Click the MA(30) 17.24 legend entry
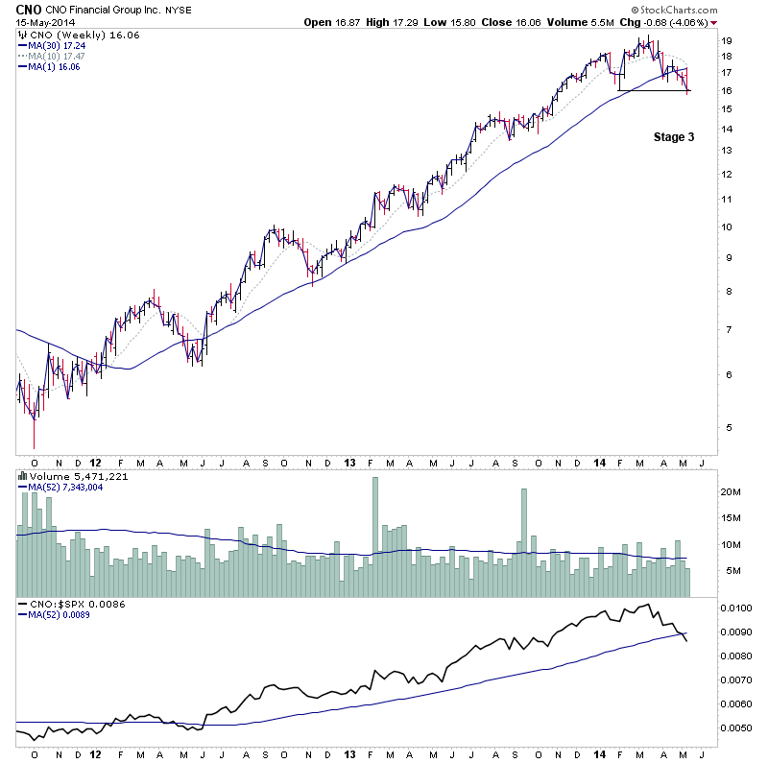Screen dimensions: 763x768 tap(57, 45)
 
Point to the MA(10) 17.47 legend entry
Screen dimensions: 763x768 tap(57, 56)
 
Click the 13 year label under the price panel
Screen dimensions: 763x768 tap(349, 462)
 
